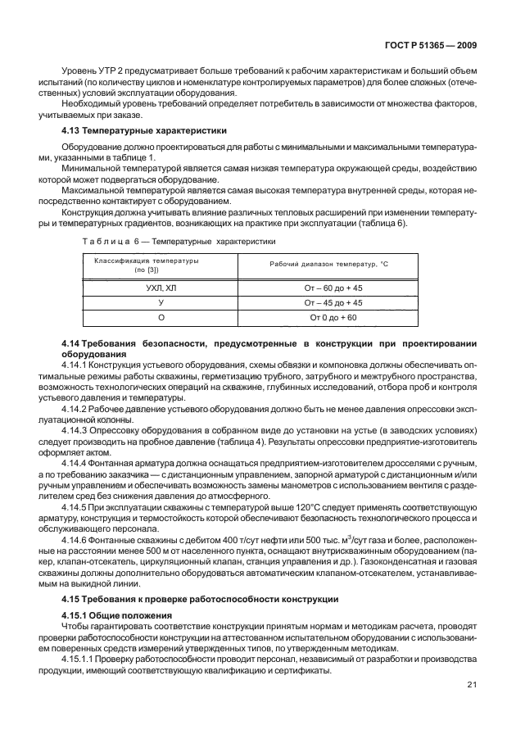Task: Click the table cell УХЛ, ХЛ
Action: pos(161,288)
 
